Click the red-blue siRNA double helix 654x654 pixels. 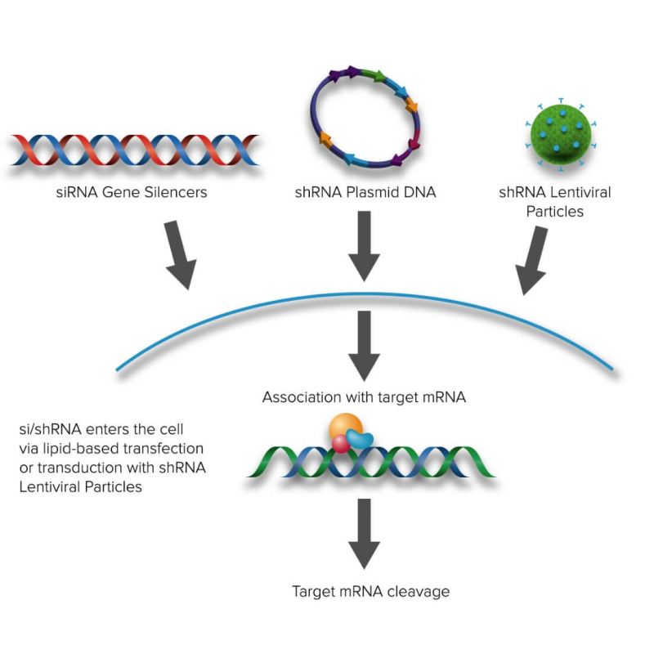(x=135, y=149)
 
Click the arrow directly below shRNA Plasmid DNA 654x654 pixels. (x=365, y=249)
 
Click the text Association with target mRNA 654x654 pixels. (x=365, y=398)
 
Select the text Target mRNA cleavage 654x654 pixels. (x=370, y=590)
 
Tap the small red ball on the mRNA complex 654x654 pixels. (x=340, y=444)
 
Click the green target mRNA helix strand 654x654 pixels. (x=425, y=462)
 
